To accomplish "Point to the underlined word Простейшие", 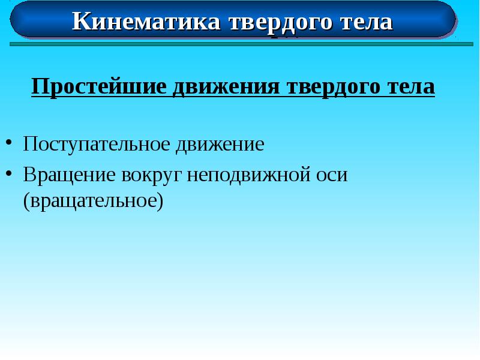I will coord(99,87).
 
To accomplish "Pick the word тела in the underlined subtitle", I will coord(410,87).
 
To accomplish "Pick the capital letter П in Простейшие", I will coord(39,87).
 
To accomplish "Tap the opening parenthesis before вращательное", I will coord(26,201).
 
